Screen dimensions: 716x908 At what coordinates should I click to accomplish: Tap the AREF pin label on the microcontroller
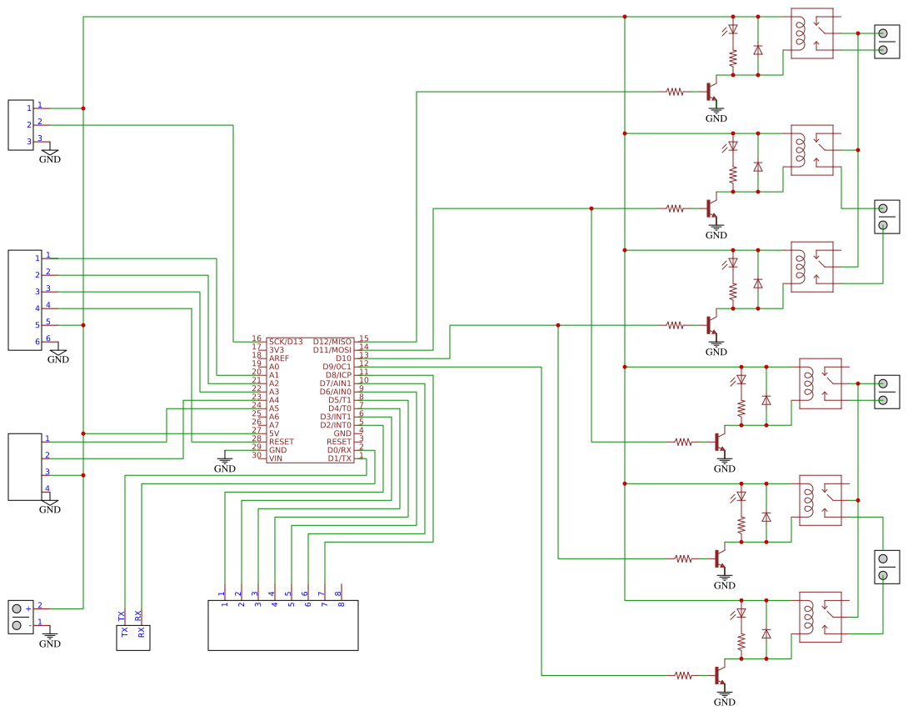[x=279, y=358]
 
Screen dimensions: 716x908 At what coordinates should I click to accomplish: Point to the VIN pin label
[x=276, y=458]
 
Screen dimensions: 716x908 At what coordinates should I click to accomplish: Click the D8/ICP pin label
[x=338, y=375]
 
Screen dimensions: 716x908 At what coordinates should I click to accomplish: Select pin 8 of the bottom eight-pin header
[x=339, y=598]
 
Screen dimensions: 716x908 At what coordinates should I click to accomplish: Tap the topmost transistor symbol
[x=711, y=91]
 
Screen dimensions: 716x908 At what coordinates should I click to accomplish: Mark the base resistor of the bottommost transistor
[x=683, y=675]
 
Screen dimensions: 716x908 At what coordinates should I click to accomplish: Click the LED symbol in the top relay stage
[x=733, y=29]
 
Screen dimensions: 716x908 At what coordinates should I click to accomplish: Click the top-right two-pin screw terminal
[x=886, y=42]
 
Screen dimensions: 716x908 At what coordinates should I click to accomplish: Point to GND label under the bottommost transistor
[x=725, y=703]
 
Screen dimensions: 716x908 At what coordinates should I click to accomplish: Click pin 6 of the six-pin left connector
[x=38, y=341]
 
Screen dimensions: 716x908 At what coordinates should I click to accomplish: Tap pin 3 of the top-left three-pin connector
[x=30, y=142]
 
